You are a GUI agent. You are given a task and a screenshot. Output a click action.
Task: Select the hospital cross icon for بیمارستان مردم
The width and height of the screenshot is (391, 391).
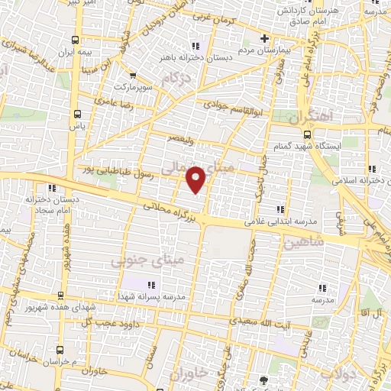pos(265,38)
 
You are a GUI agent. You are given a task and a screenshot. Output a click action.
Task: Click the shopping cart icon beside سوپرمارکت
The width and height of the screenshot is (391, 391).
pos(133,75)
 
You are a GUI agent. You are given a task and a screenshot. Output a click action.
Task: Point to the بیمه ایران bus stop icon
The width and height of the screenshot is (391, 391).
pos(74,40)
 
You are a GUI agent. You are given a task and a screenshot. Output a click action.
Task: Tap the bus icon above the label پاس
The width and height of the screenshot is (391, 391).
pos(76,114)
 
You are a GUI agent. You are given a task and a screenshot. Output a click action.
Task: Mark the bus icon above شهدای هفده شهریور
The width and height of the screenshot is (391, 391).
pos(60,295)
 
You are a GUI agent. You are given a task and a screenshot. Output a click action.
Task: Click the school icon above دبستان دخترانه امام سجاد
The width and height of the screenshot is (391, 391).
pos(52,188)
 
